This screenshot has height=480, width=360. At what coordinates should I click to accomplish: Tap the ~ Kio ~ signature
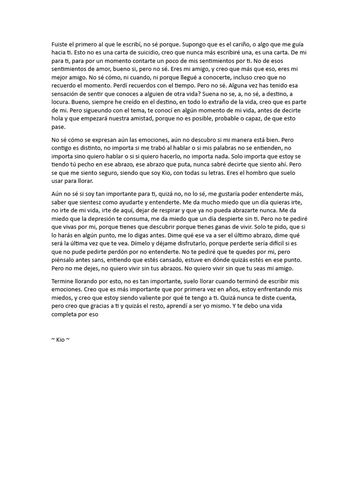click(x=60, y=340)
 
